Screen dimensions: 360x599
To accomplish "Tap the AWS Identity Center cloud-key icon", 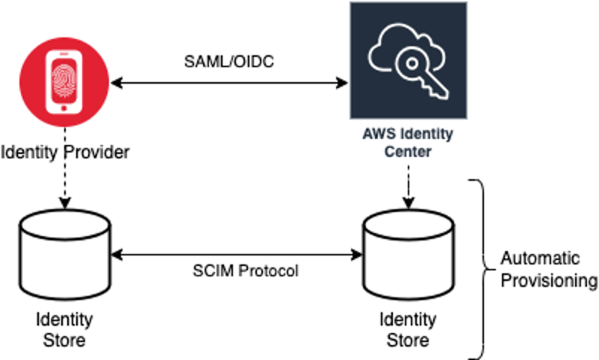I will pyautogui.click(x=409, y=60).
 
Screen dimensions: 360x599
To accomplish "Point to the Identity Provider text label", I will pyautogui.click(x=66, y=152).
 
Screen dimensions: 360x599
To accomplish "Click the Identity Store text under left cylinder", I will pyautogui.click(x=64, y=329).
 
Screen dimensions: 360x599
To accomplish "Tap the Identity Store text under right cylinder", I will pyautogui.click(x=408, y=329).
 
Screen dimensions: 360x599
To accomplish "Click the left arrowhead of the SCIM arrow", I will pyautogui.click(x=116, y=255).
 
